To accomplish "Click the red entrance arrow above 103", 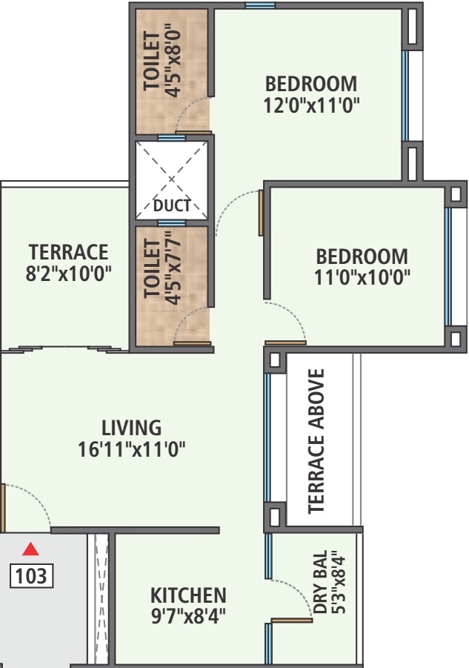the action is coord(30,549).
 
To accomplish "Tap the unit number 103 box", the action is coord(32,575).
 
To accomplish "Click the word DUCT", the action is coord(171,206).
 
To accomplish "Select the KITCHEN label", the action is coord(188,595).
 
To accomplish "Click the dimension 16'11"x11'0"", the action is coord(131,449).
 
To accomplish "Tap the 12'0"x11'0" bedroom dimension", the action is coord(311,105).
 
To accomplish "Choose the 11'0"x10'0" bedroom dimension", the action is coord(362,278).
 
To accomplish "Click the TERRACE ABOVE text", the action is coord(316,441).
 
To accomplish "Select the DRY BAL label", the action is coord(321,582).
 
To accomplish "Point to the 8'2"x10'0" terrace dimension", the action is coord(68,274).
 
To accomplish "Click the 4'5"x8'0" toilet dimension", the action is coord(173,63).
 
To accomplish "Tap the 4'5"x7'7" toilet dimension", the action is coord(173,268).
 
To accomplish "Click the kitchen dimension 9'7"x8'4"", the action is coord(188,616).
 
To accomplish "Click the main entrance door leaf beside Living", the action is coord(3,508).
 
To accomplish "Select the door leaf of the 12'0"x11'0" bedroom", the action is coord(261,213).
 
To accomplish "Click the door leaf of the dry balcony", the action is coord(291,621).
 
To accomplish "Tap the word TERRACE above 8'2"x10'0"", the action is coord(68,252).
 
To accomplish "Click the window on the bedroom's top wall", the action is coord(260,5).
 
